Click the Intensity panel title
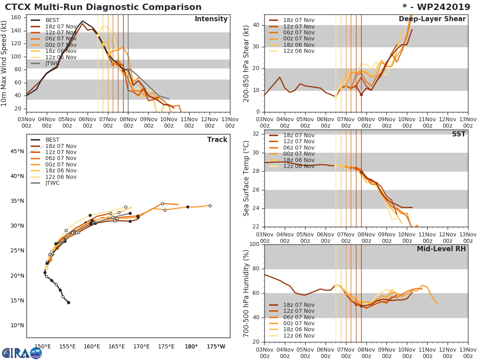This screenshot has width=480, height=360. click(x=211, y=19)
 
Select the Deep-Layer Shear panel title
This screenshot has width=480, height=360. click(x=432, y=19)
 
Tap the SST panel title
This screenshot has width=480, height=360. click(x=458, y=134)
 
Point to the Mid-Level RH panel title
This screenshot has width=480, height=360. click(x=441, y=249)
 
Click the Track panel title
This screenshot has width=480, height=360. click(x=217, y=140)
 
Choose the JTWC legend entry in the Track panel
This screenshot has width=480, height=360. click(x=52, y=183)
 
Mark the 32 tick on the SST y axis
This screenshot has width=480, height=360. click(x=256, y=134)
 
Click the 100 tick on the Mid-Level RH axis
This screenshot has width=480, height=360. click(x=254, y=244)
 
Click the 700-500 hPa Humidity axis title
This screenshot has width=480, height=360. click(x=247, y=293)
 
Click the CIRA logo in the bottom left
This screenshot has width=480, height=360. click(x=22, y=353)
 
